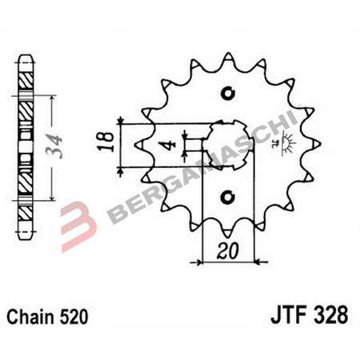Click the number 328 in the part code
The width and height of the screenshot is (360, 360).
tap(333, 315)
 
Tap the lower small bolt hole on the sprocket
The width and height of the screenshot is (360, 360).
tap(228, 194)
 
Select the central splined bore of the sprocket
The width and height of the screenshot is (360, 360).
tap(228, 143)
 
